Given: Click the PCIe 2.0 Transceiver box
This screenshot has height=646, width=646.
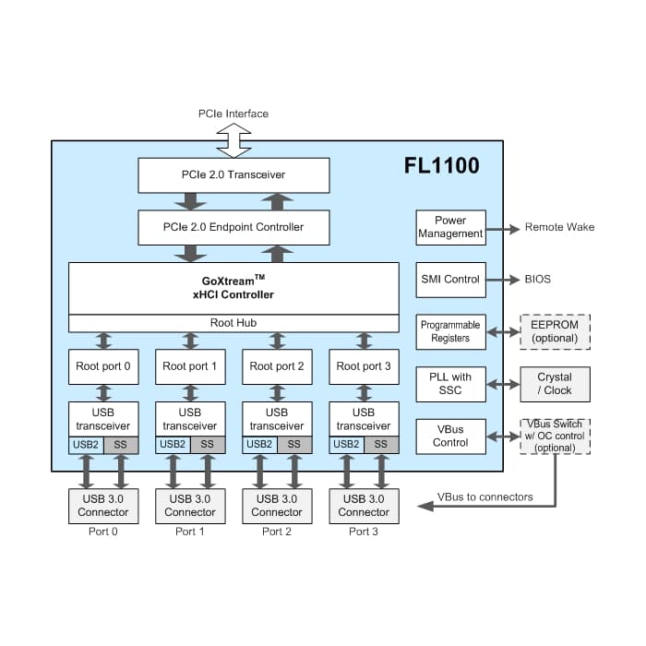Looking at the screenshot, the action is point(233,175).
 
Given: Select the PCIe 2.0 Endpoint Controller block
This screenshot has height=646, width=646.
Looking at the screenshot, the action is point(233,227).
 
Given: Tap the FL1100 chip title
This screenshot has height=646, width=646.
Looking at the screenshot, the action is point(441,165).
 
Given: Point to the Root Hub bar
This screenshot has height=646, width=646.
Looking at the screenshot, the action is point(233,323).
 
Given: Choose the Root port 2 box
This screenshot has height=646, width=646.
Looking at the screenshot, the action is point(277,366).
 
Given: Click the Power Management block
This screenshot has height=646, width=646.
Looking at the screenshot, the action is point(450,227).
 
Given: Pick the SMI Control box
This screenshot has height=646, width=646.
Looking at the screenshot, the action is point(450,280).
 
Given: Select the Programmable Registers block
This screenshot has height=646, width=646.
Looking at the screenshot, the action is point(450,332).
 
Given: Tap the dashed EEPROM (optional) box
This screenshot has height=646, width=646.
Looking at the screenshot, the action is point(555,332).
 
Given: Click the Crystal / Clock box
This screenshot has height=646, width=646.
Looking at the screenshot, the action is point(555,385).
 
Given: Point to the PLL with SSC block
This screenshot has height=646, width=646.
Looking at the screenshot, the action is point(450,385).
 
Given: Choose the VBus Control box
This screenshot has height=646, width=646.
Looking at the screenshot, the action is point(450,437).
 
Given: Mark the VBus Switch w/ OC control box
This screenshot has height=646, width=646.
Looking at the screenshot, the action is point(555,437).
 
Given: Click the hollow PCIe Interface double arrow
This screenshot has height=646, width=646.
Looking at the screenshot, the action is point(233,140).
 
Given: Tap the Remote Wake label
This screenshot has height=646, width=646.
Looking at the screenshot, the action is point(559,227).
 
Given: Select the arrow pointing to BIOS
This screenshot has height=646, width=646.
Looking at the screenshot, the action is point(503,280).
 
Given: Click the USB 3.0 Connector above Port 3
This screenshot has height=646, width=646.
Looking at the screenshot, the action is point(364,507).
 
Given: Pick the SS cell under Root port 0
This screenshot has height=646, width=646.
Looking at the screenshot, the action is point(121,445).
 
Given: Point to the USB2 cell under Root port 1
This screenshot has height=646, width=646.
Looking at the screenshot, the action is point(173,445).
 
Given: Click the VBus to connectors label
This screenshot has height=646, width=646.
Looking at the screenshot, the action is point(484,497).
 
